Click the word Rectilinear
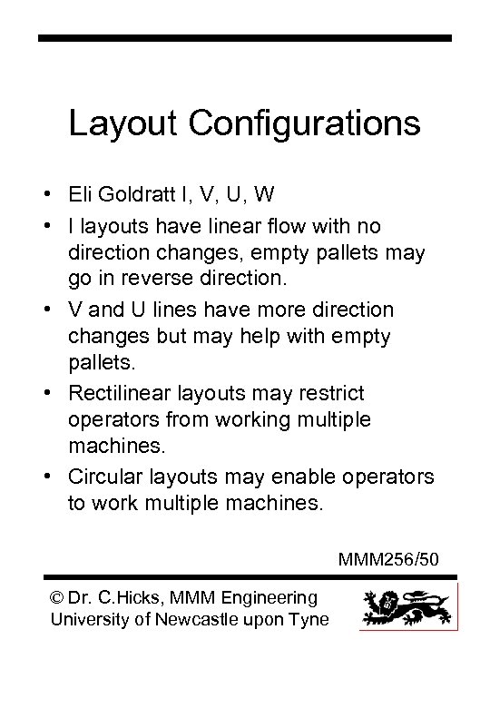click(x=122, y=393)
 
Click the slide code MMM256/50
click(x=390, y=558)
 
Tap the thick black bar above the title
click(x=245, y=38)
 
